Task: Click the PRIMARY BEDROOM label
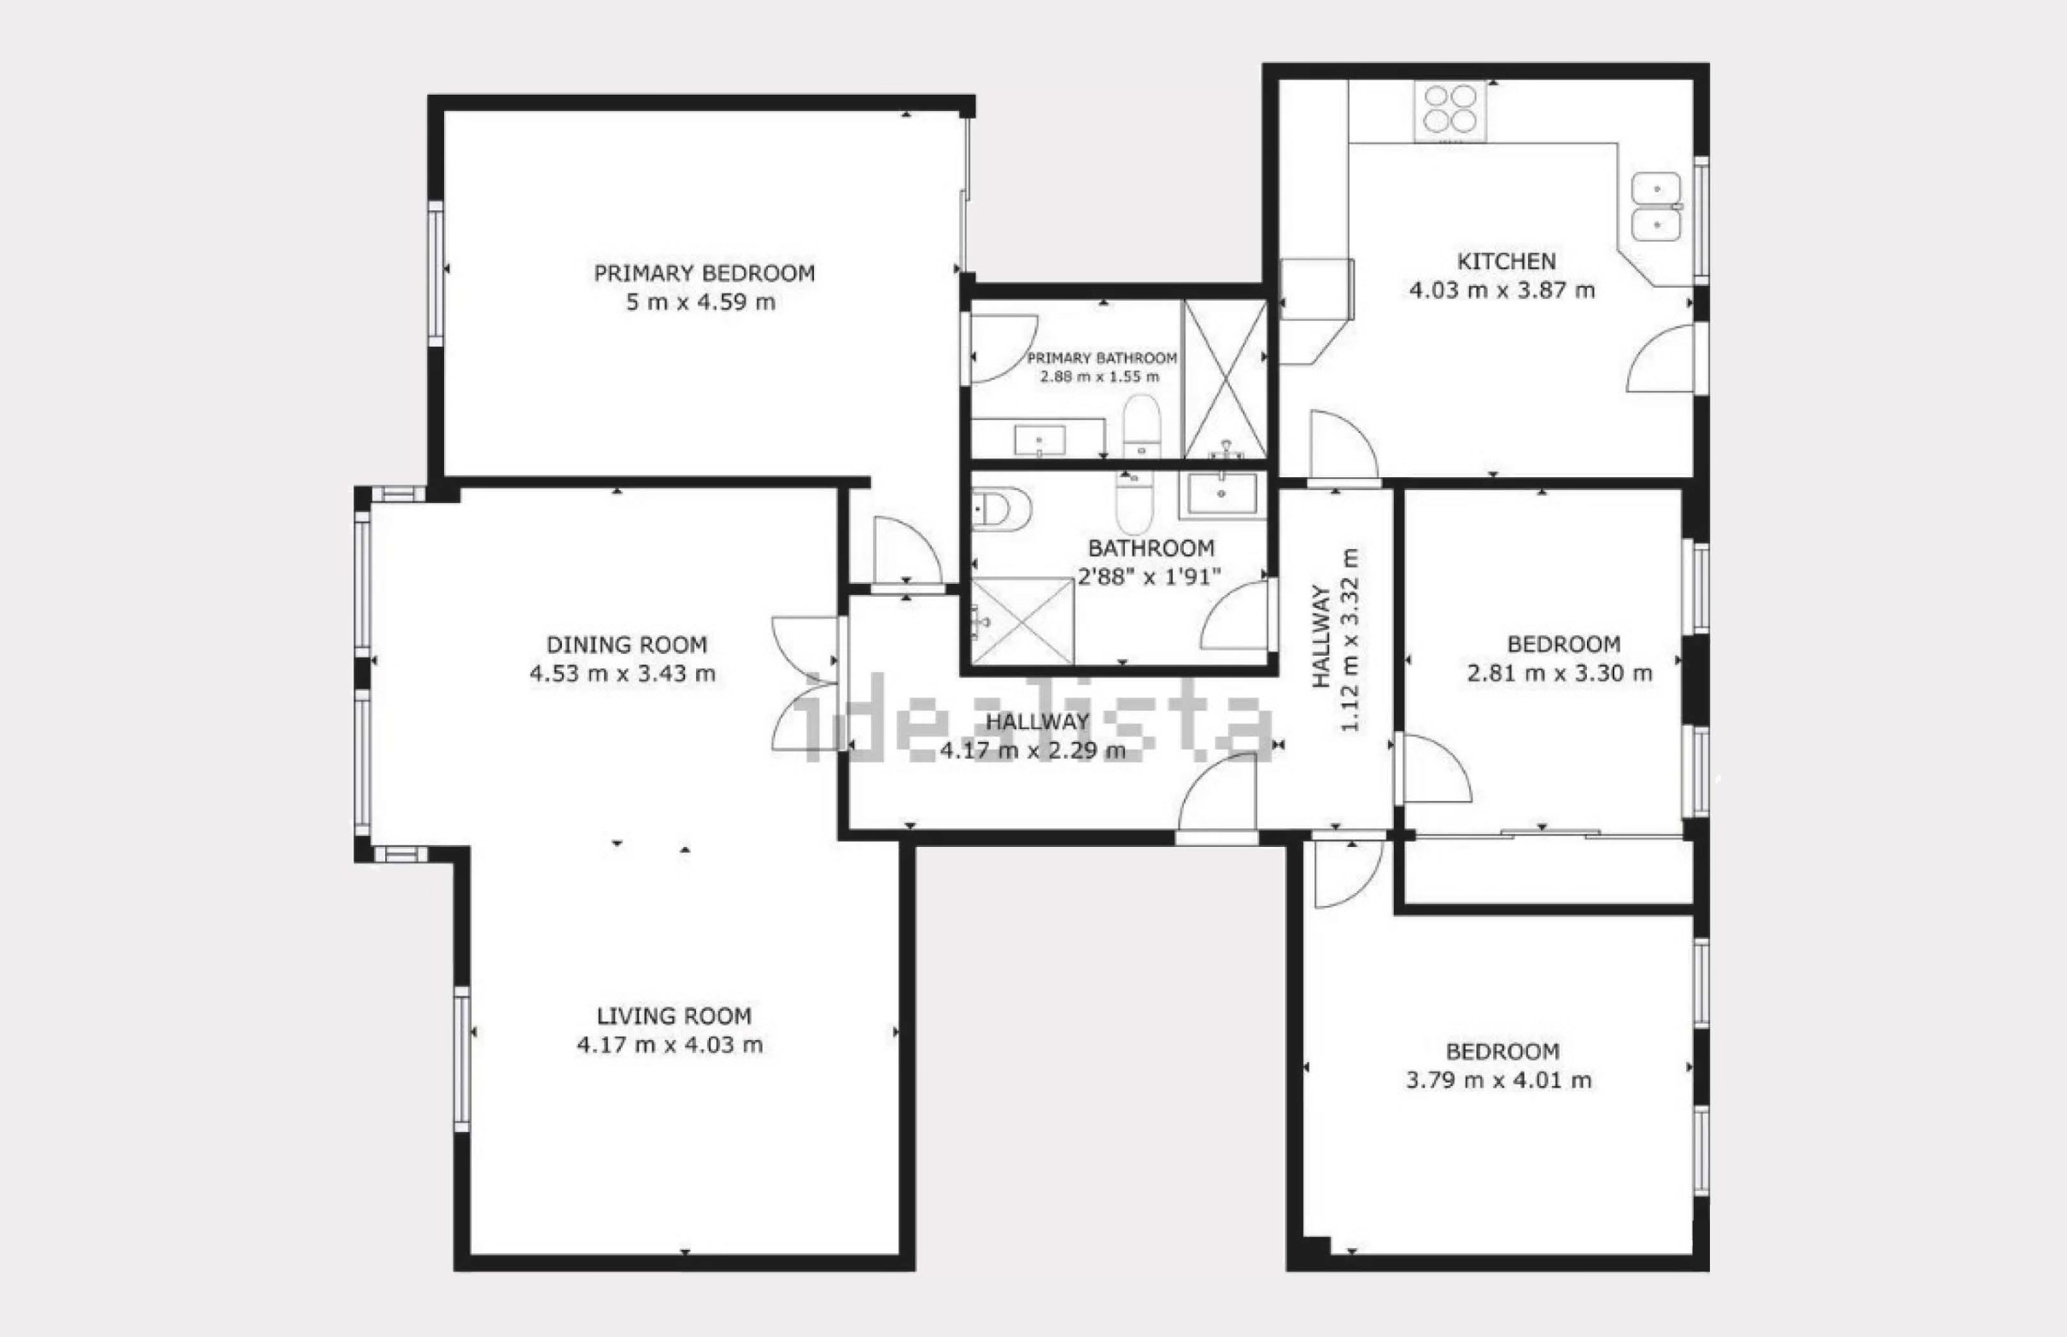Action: click(705, 273)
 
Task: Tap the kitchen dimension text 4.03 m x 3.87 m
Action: click(1502, 290)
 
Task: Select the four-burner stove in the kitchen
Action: click(1449, 109)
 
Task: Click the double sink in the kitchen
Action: click(1657, 207)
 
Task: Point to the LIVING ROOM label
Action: click(674, 1016)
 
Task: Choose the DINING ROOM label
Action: click(626, 645)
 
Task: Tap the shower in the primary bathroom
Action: click(1225, 378)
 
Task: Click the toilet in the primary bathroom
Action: click(1141, 425)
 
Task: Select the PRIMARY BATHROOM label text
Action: click(1102, 358)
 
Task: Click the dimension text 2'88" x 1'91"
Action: click(1149, 576)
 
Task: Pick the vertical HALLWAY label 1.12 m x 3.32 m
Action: click(1335, 639)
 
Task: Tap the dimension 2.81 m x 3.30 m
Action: click(1560, 673)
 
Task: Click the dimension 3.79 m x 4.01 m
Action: click(1499, 1080)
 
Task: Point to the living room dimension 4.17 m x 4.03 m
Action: click(670, 1044)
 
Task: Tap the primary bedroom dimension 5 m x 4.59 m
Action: click(701, 302)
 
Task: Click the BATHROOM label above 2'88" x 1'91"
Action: click(1151, 549)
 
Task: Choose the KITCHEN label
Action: click(1506, 261)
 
